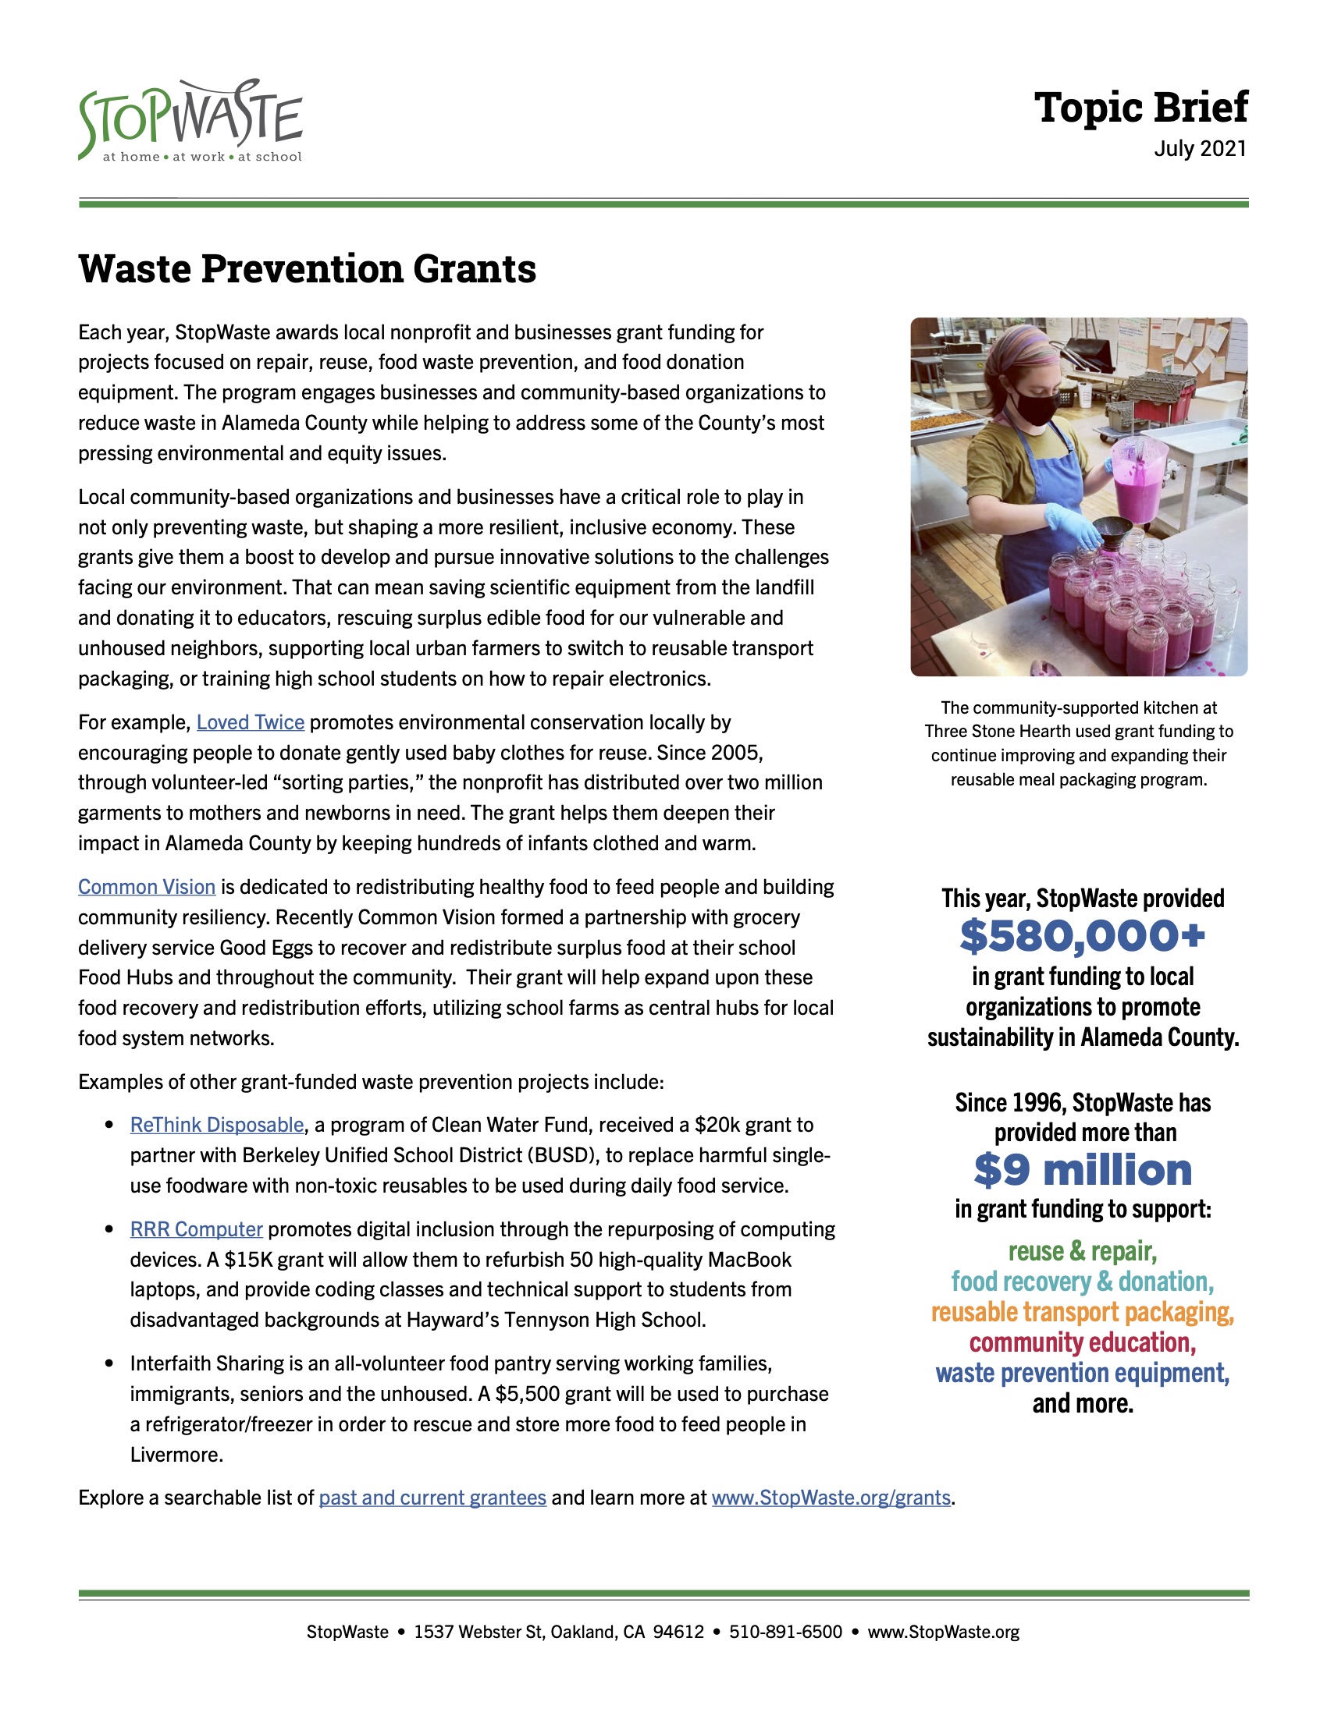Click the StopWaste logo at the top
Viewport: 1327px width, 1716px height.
point(190,122)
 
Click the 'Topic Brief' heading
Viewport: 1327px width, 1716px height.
point(1140,107)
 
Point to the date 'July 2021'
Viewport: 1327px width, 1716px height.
point(1200,148)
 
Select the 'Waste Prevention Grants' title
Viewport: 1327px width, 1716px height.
point(308,269)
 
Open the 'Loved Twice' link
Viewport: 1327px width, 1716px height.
point(250,722)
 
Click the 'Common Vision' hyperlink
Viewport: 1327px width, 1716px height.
point(146,886)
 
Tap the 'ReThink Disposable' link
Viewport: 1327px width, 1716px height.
point(217,1124)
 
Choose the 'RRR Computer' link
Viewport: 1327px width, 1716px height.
point(197,1228)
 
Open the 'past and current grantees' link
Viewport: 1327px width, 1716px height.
point(432,1498)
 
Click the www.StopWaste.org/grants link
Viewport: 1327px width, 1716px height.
point(831,1498)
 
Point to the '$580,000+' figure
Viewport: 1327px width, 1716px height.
point(1083,936)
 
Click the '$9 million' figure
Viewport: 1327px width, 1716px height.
point(1083,1170)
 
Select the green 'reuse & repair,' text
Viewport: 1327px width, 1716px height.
point(1083,1251)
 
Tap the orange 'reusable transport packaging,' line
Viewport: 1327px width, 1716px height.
point(1083,1312)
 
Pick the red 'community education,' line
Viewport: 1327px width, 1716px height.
point(1083,1343)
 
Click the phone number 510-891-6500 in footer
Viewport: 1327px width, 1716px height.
point(785,1632)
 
